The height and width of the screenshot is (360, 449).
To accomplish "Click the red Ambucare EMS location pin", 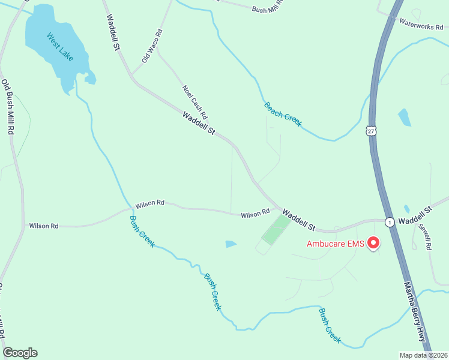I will coord(373,242).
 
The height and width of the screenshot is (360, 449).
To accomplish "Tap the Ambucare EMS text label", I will coord(336,244).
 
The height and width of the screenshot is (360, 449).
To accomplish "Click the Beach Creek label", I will coord(283,115).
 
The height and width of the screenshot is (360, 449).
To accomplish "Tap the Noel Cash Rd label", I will coord(195,101).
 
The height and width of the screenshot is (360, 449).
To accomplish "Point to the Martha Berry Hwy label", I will coord(417,312).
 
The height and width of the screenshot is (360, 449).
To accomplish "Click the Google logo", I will coord(20,353).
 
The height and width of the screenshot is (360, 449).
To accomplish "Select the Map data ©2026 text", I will coord(423,355).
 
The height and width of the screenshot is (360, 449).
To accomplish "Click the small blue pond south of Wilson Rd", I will coord(231,244).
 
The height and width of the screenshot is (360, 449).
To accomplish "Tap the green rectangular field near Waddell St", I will coord(277,230).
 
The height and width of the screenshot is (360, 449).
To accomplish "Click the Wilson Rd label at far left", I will coord(44,226).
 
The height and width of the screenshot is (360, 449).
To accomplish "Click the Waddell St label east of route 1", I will coord(415,215).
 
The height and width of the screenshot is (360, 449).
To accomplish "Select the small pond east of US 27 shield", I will coord(405,117).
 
